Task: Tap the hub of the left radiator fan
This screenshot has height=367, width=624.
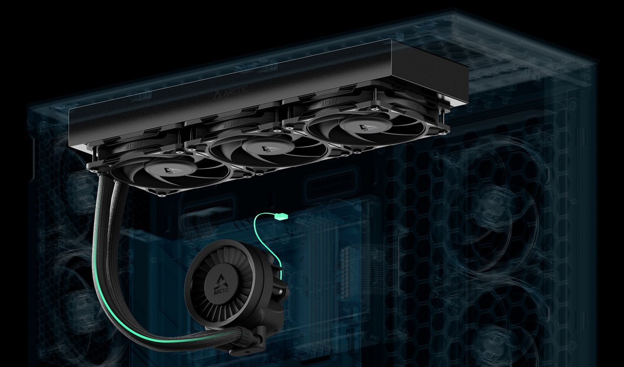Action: (x=170, y=170)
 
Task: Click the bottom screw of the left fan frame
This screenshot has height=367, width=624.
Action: (x=164, y=195)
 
